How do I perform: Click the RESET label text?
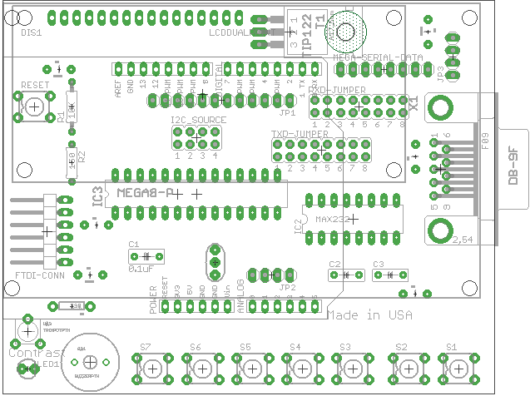point(34,86)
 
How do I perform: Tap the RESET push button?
point(34,107)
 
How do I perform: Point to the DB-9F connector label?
point(513,167)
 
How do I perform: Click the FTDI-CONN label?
point(40,275)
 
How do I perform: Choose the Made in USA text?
point(369,315)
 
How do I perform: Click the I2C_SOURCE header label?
point(198,121)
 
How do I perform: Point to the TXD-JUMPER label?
point(299,133)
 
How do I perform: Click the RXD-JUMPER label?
point(337,87)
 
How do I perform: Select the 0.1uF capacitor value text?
point(141,269)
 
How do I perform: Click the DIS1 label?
point(31,32)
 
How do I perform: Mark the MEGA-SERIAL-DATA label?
point(377,57)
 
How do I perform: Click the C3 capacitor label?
point(379,264)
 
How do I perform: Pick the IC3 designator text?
point(98,196)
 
